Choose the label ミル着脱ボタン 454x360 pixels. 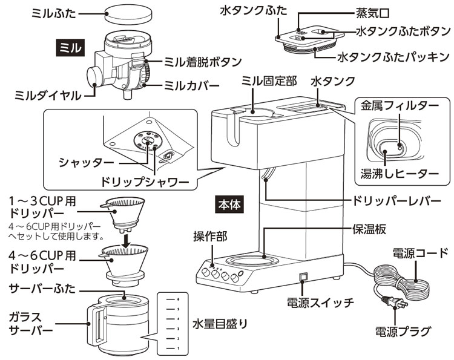[x=203, y=62]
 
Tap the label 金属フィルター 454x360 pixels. [x=396, y=105]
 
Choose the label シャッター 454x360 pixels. [x=85, y=162]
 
